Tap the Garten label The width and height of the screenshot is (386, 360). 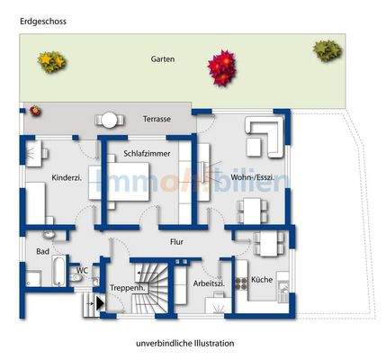[x=164, y=59]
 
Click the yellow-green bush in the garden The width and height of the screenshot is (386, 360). [x=51, y=60]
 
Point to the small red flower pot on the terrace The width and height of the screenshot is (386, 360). [x=35, y=111]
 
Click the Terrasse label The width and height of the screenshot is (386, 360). [x=157, y=119]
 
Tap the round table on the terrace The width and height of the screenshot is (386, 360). [x=110, y=119]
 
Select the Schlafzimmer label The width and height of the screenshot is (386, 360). [x=147, y=155]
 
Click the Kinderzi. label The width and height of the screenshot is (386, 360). [x=67, y=177]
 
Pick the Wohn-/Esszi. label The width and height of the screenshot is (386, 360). [x=253, y=177]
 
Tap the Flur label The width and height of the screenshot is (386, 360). [x=177, y=242]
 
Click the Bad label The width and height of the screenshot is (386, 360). [x=42, y=252]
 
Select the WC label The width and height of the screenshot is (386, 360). [x=81, y=269]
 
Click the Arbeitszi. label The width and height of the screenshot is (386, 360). [x=208, y=283]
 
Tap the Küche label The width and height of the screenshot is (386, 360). [x=262, y=280]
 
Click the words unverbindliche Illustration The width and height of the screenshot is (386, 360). [x=184, y=343]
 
